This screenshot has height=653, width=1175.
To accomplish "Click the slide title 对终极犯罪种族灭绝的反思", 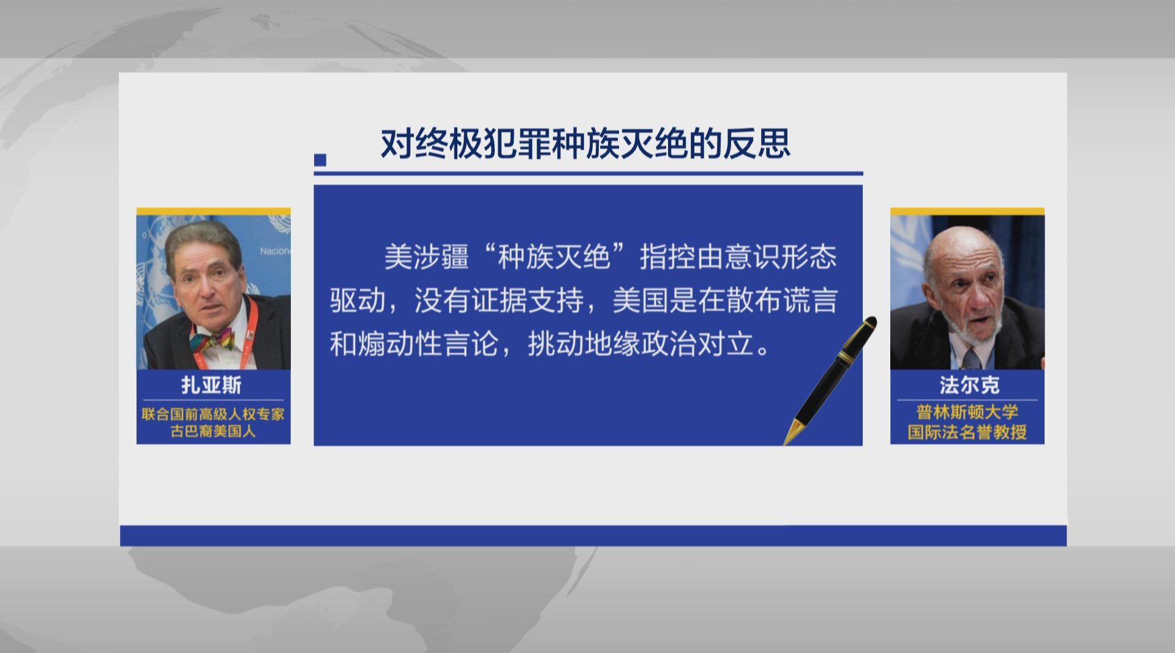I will point(585,144).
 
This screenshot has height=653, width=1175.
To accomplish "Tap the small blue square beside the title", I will point(320,160).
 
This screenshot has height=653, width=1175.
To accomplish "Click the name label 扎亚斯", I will point(212,385).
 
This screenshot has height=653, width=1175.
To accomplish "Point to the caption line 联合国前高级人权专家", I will point(213,414).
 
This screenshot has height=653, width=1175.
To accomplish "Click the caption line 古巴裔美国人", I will point(213,431).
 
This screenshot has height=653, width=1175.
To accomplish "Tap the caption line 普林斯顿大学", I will point(967,412).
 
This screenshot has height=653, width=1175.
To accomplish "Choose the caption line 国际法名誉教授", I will point(967,432).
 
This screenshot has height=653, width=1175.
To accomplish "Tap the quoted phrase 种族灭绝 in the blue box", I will point(554,257).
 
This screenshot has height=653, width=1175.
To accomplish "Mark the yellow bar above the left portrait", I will point(213,211).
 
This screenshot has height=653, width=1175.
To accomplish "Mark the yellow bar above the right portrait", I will point(967,211).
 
